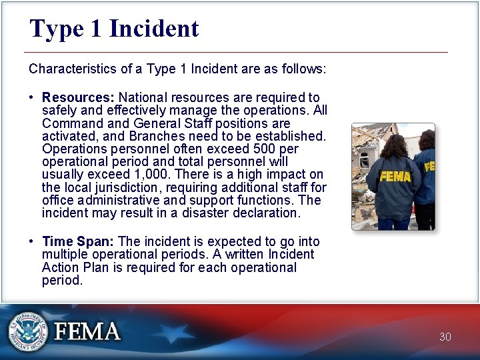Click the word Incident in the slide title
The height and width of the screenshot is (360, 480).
pyautogui.click(x=153, y=29)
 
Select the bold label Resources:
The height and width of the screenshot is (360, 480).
pyautogui.click(x=78, y=98)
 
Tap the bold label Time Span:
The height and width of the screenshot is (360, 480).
pyautogui.click(x=78, y=241)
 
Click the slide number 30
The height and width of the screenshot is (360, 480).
pyautogui.click(x=445, y=337)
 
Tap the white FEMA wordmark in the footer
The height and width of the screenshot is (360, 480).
pyautogui.click(x=87, y=331)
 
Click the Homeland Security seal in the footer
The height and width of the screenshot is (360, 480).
pyautogui.click(x=28, y=331)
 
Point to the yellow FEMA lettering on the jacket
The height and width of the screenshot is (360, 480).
pyautogui.click(x=395, y=177)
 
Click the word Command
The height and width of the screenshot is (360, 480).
pyautogui.click(x=70, y=124)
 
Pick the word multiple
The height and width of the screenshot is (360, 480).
pyautogui.click(x=63, y=255)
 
